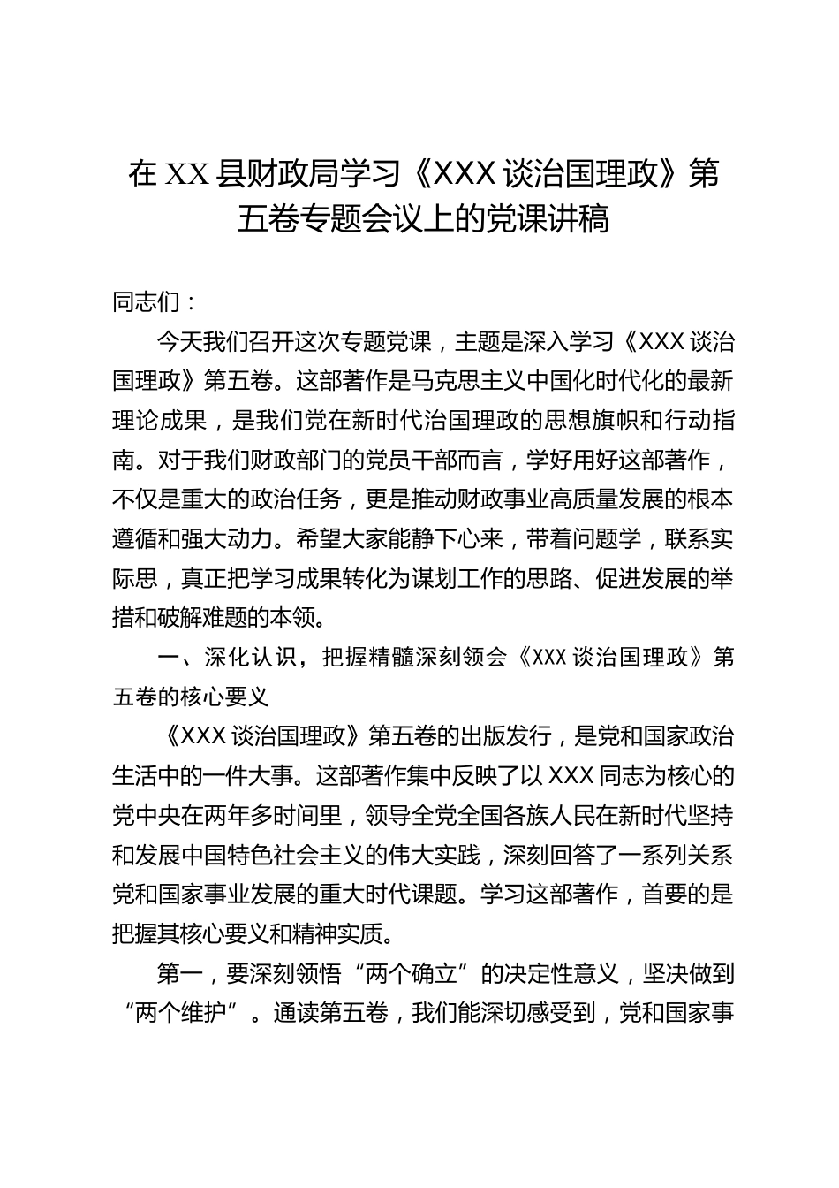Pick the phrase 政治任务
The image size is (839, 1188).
296,499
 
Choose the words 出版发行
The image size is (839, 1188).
512,735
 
